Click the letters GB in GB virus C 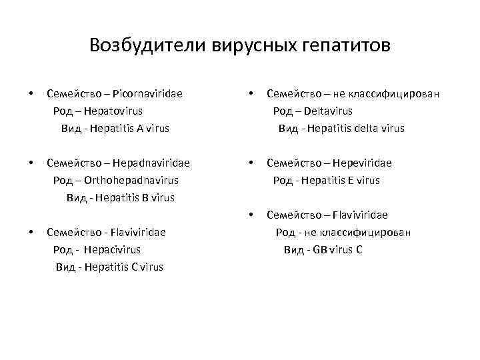point(320,249)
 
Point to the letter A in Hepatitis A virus point(140,128)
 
